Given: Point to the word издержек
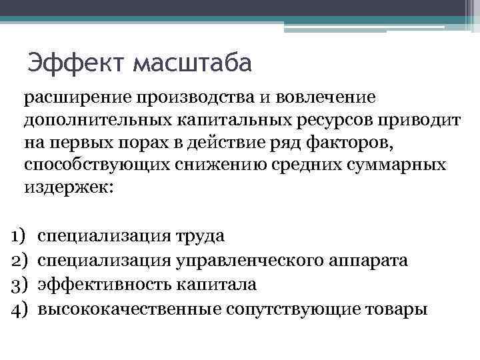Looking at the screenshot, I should (69, 187).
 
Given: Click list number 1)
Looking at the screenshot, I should (17, 235).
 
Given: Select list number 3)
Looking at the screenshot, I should (17, 285).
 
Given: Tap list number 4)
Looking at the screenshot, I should (17, 309).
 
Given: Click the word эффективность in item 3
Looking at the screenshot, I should (105, 285).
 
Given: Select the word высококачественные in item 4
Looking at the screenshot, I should (129, 309).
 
